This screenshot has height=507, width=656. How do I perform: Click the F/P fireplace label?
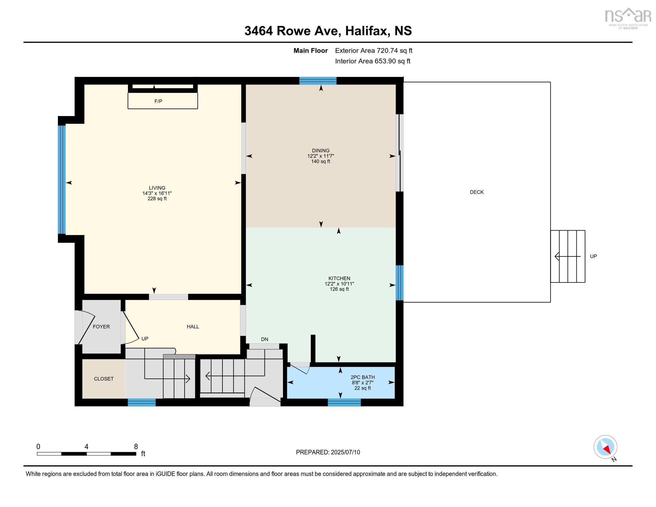[x=158, y=101]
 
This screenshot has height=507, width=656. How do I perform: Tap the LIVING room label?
[x=157, y=188]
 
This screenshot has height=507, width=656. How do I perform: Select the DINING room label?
[x=321, y=151]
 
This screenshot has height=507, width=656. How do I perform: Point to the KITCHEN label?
[x=339, y=279]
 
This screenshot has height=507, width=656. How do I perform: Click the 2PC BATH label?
[x=363, y=377]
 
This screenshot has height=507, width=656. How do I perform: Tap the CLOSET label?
[x=104, y=379]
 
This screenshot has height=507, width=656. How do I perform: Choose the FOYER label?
[x=101, y=327]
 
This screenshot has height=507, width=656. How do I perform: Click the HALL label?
[x=193, y=327]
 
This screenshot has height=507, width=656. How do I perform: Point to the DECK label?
[x=477, y=192]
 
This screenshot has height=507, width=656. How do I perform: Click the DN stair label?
[x=264, y=339]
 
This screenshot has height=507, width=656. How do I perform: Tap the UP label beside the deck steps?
[x=593, y=256]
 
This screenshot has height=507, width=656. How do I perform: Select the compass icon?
[x=605, y=447]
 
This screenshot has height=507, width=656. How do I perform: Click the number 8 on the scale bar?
[x=136, y=447]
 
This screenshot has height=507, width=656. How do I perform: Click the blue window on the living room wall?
[x=62, y=180]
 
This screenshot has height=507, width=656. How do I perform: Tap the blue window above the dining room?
[x=318, y=81]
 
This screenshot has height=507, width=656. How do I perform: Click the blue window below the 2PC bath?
[x=344, y=403]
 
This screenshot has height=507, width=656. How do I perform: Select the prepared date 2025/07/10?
[x=345, y=452]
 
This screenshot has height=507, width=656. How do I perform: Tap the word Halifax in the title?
[x=366, y=31]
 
